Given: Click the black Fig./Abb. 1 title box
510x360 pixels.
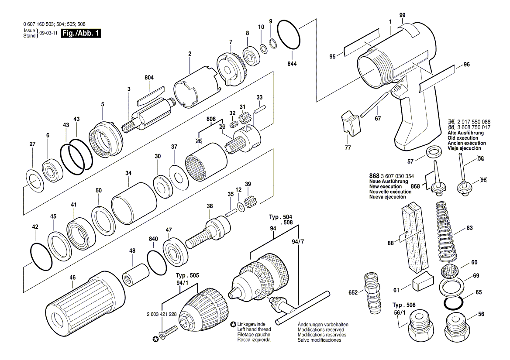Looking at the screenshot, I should pos(81,34).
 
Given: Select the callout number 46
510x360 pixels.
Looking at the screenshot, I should pos(72,278).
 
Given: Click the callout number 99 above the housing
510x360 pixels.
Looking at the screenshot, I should pos(403,15).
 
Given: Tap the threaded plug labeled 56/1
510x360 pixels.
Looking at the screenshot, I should pos(419,327).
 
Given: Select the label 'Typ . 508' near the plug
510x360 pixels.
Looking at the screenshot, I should pos(404,305).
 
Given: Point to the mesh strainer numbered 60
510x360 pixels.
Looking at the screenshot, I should pos(450,272).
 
